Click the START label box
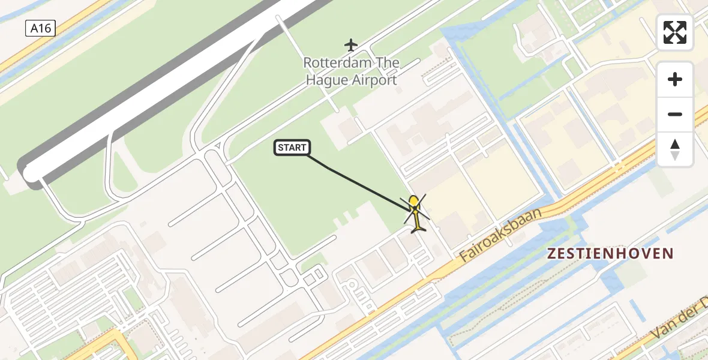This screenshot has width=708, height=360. click(x=292, y=148)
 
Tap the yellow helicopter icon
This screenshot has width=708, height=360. click(x=416, y=213)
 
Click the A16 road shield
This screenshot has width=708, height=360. click(x=41, y=28)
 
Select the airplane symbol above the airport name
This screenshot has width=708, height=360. click(x=351, y=44)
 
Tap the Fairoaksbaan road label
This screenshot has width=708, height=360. click(x=500, y=235)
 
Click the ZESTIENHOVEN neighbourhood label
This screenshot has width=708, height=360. click(x=610, y=254)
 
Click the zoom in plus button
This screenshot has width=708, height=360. click(x=675, y=80)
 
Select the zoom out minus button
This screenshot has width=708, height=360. click(x=675, y=114)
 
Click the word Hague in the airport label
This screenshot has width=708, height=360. click(x=326, y=80)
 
